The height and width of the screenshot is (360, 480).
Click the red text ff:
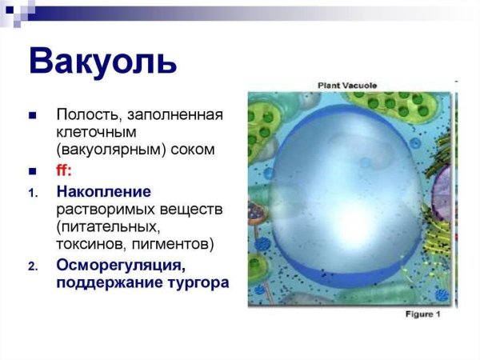[65, 170]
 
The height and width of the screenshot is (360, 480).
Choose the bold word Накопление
[103, 192]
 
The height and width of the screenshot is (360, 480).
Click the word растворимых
[105, 209]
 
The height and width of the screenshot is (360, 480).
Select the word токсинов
[90, 244]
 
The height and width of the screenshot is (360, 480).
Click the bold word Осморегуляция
[120, 266]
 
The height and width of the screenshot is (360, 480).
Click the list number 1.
[32, 193]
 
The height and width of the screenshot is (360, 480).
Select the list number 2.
[32, 266]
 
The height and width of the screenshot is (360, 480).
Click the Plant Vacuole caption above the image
[347, 84]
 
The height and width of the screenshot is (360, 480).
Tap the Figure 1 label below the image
[422, 314]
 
